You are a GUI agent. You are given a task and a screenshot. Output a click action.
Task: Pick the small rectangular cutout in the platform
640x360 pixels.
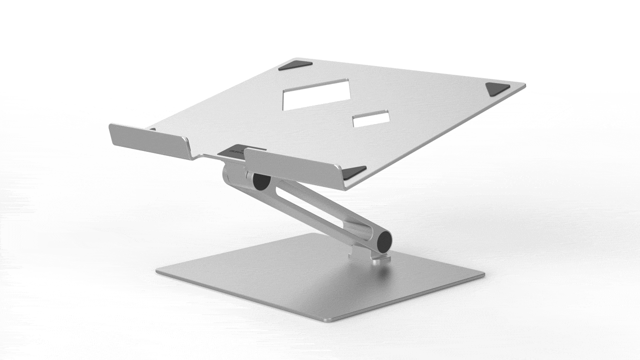(x=371, y=118)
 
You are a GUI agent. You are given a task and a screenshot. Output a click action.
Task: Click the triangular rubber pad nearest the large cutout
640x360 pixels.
(x=295, y=65)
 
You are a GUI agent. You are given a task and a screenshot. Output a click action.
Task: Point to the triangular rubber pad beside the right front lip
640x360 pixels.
(x=354, y=171)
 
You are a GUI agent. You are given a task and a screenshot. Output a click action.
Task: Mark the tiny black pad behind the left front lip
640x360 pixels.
(x=152, y=129)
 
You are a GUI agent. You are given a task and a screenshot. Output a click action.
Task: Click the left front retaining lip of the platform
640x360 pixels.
(x=149, y=141)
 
